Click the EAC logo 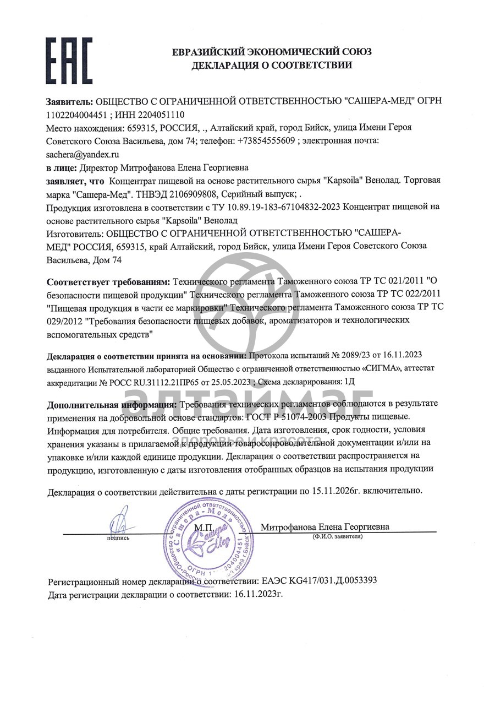69,60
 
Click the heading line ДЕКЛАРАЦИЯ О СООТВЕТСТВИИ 272,66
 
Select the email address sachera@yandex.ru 82,154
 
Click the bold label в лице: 62,167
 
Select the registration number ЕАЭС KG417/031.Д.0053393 318,581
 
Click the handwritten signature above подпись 118,520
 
